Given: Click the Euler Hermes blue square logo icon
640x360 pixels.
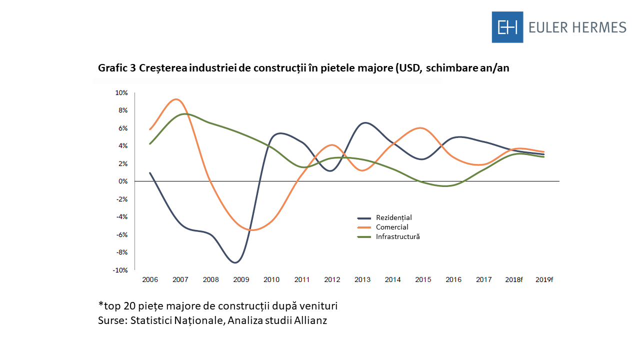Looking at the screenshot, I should pos(507,27).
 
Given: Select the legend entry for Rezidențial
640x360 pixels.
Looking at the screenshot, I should pos(393,218).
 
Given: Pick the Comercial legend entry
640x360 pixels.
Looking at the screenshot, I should pos(392,227).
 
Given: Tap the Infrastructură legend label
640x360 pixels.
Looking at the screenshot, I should pos(397,236).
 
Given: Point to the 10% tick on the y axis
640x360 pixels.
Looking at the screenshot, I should pos(121,93).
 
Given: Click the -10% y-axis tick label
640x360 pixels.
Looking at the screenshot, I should pos(120,270).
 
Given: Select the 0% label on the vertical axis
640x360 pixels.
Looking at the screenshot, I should pos(123,181).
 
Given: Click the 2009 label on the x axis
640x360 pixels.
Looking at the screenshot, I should pos(241,279).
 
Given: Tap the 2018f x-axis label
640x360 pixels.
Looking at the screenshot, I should pos(514,279).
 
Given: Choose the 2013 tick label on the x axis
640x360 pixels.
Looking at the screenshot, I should pos(362,279).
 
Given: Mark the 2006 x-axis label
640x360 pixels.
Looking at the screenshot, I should pos(150,279).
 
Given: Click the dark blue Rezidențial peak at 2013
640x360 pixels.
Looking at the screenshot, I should pos(365,122).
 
